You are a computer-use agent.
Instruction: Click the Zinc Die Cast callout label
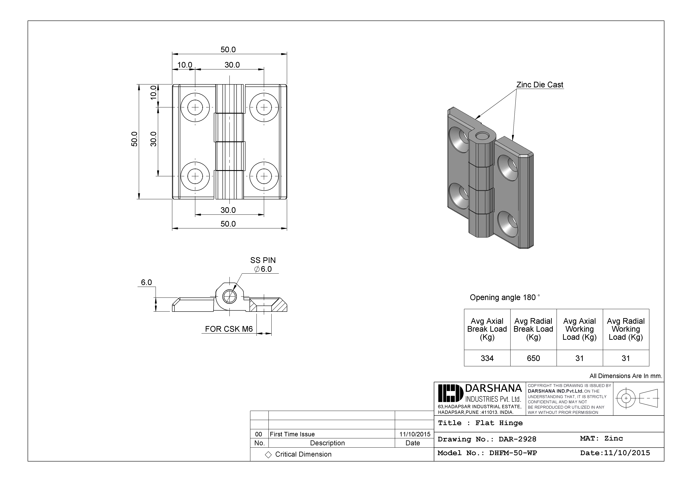539,85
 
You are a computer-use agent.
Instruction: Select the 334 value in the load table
487,358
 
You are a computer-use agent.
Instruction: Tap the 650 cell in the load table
533,358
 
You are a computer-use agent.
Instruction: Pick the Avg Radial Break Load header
533,329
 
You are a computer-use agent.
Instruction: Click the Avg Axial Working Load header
579,329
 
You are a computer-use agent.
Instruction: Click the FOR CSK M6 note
229,329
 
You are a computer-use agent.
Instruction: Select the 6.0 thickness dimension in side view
146,282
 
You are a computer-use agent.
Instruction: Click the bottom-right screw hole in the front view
264,176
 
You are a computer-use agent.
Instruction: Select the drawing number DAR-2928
518,439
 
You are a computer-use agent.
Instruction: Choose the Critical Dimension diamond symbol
268,455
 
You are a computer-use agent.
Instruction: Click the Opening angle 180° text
505,297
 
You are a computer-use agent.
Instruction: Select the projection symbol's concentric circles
626,398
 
